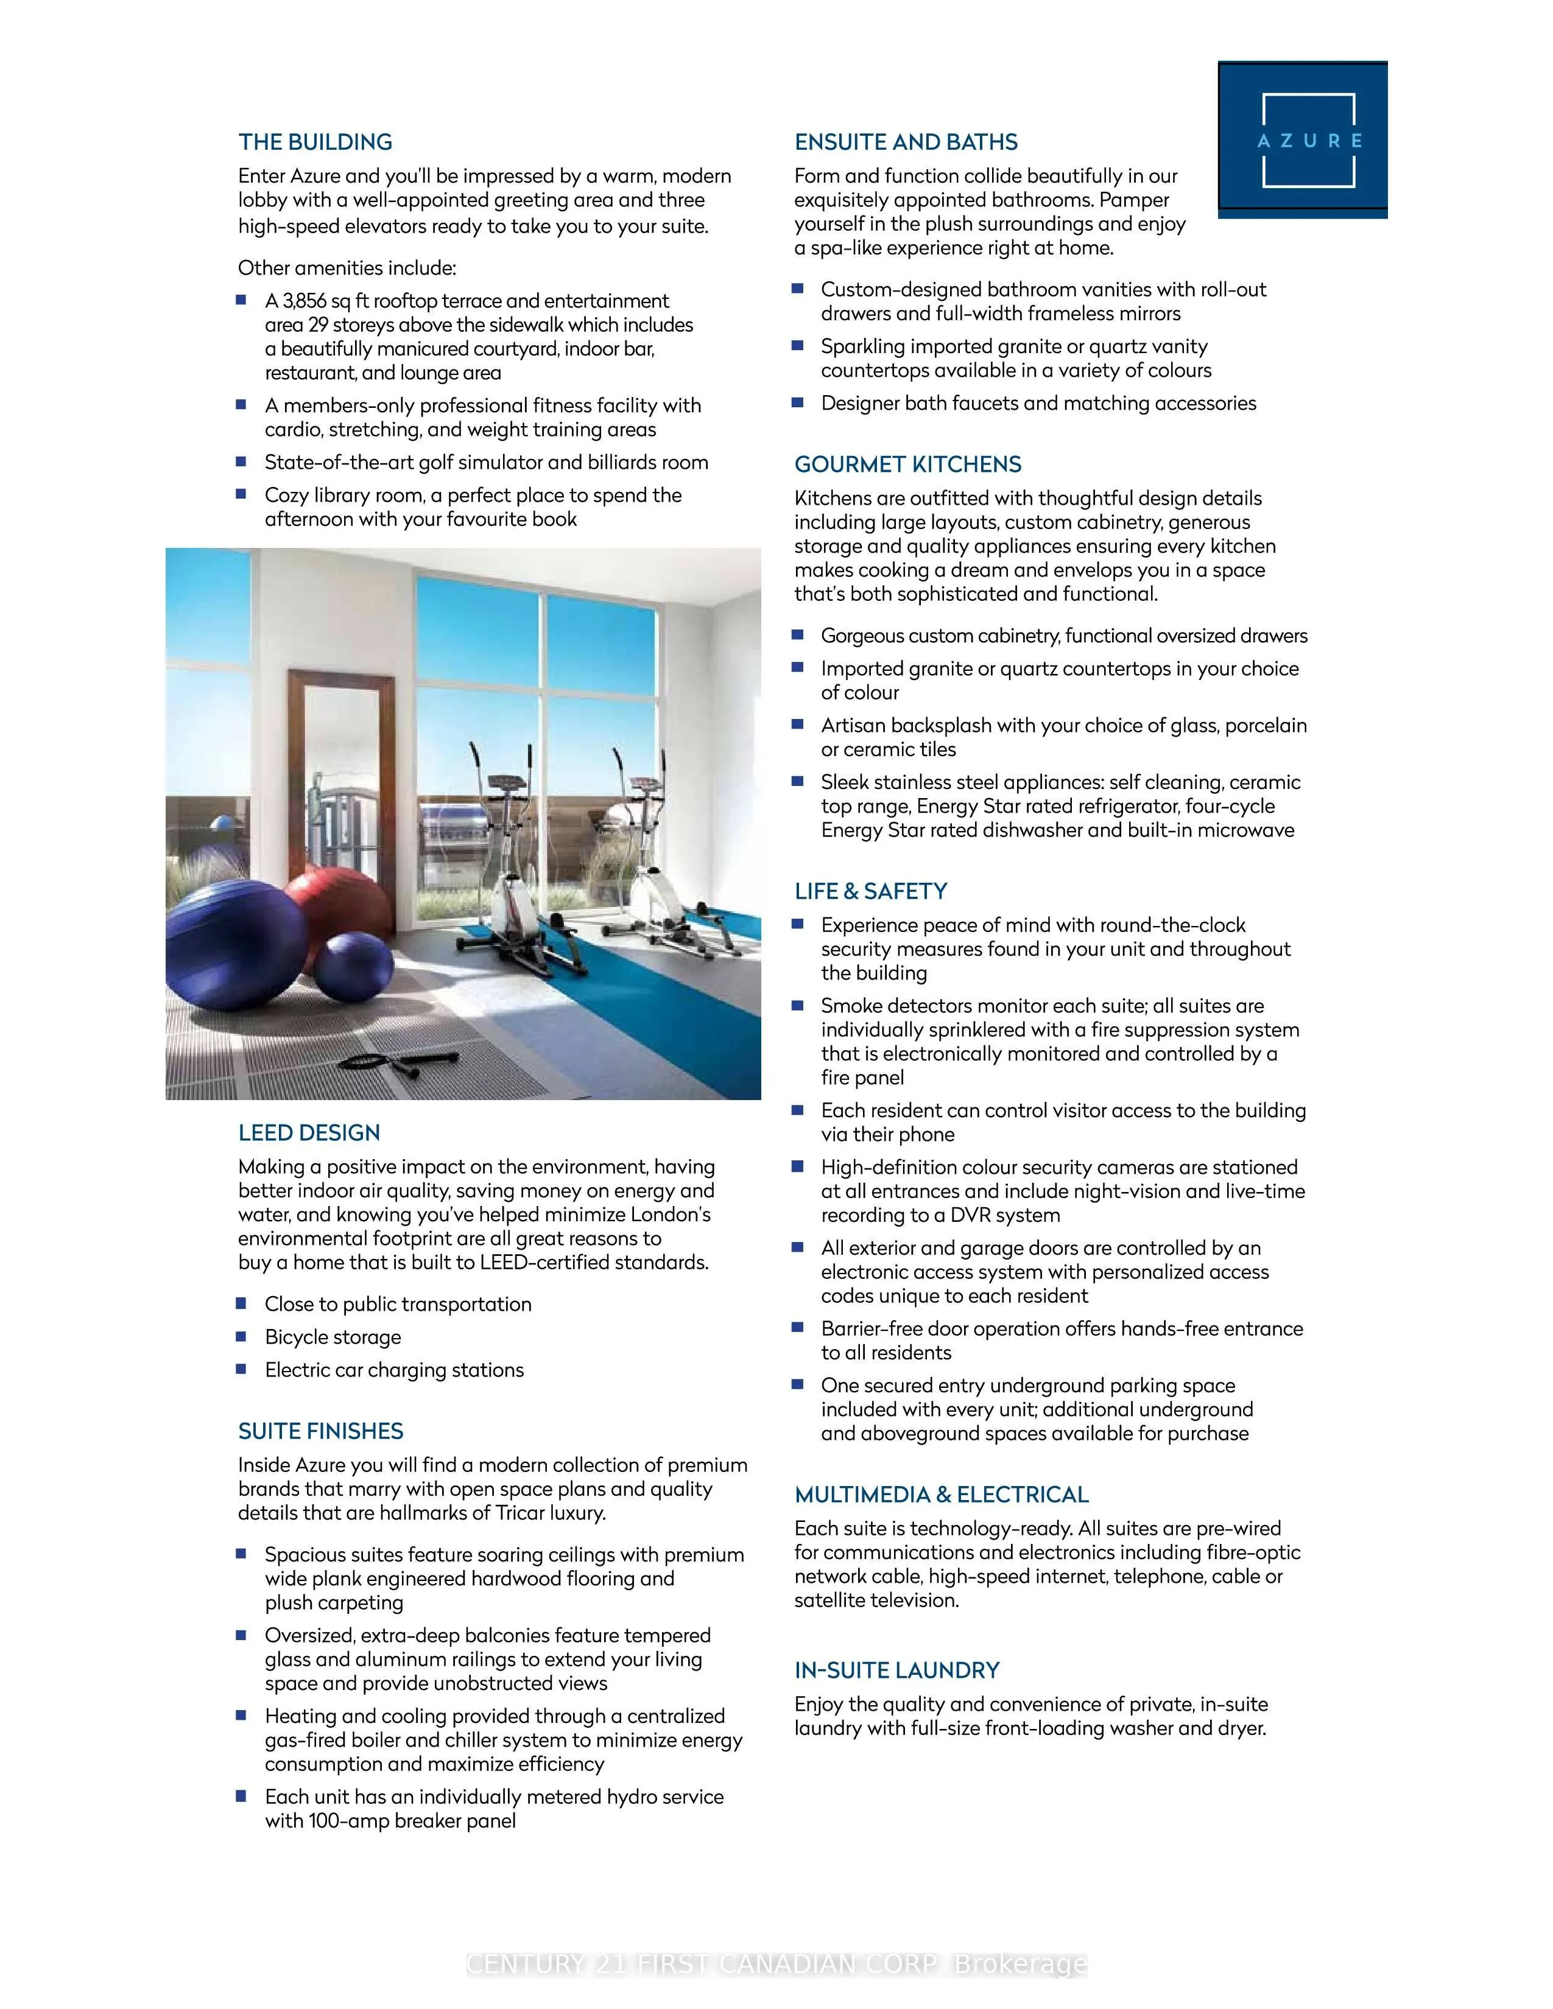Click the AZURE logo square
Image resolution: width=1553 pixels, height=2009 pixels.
coord(1302,140)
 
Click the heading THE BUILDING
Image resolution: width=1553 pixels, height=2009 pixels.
coord(315,142)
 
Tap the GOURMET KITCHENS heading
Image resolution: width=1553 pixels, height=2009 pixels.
coord(907,465)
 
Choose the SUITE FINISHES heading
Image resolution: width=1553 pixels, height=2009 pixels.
coord(320,1431)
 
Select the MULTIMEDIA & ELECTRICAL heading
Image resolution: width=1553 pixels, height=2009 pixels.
coord(941,1495)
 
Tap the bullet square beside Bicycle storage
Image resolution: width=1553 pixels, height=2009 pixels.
coord(241,1336)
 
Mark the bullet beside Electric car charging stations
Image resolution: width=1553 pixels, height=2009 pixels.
coord(241,1370)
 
